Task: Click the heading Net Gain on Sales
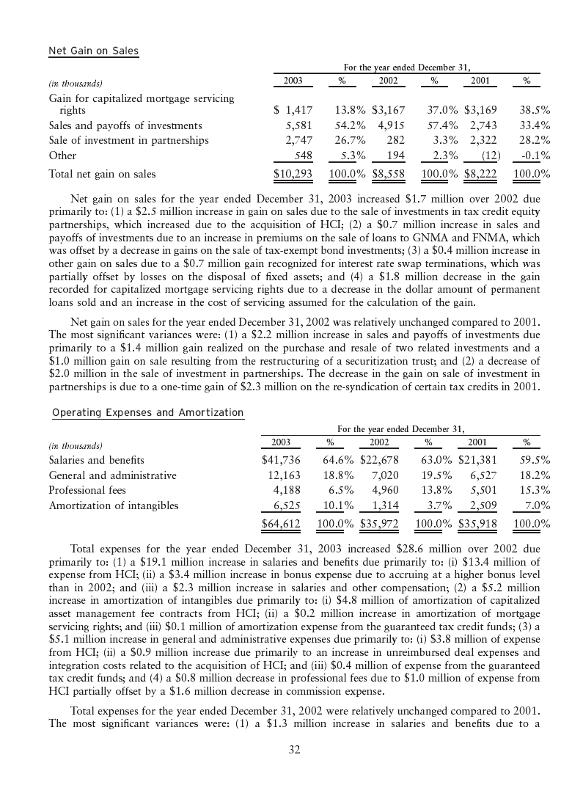(x=93, y=51)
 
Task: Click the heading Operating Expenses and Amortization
(x=147, y=412)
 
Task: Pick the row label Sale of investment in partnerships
(x=128, y=140)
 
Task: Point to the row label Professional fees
(x=87, y=490)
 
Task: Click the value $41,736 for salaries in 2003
(x=282, y=460)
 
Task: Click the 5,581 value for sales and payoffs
(x=298, y=125)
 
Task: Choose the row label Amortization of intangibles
(x=113, y=505)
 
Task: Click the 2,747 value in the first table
(x=298, y=140)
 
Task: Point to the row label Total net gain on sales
(x=102, y=175)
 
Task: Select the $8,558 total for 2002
(x=388, y=175)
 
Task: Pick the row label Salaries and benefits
(x=96, y=460)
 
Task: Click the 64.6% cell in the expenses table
(x=340, y=460)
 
